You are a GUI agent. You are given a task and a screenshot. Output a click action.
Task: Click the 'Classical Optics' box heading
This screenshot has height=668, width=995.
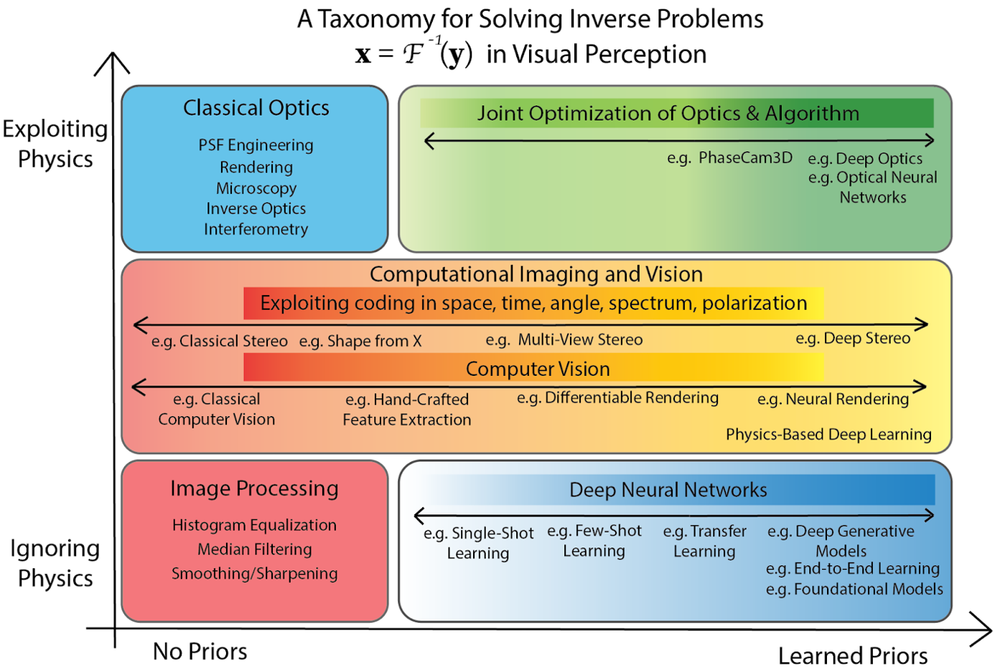[256, 108]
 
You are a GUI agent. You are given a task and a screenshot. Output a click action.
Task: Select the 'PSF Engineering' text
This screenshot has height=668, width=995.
[256, 146]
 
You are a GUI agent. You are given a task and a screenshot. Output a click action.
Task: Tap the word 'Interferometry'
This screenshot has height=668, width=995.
[256, 230]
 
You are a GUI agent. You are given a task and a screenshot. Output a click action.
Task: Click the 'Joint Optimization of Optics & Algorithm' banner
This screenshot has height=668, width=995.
[668, 113]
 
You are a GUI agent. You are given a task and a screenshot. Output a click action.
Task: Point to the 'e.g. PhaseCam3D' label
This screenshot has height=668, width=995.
[729, 158]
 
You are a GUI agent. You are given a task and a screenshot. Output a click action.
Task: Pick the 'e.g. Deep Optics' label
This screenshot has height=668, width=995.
[865, 159]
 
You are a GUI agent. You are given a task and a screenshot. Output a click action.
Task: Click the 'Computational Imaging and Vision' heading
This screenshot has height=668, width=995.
[536, 274]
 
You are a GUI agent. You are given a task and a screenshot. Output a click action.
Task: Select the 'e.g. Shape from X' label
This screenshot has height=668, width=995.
[360, 342]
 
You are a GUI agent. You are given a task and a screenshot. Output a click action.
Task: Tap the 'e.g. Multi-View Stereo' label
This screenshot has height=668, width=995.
[564, 340]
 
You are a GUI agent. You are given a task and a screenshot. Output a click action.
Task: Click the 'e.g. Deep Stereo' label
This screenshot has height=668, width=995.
[853, 339]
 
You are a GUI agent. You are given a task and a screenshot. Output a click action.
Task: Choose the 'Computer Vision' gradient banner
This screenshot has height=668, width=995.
[538, 369]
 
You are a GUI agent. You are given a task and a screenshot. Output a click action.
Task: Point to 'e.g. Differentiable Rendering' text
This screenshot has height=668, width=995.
[617, 398]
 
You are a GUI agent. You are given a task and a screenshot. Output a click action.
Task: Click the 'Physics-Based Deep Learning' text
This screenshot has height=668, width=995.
[828, 435]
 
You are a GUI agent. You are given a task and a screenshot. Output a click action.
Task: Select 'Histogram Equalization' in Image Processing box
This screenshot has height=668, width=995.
[254, 525]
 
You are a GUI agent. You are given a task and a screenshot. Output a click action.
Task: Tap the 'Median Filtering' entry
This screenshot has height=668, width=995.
[254, 550]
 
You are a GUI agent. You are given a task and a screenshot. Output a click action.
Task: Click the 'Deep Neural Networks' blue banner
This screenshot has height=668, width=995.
[668, 490]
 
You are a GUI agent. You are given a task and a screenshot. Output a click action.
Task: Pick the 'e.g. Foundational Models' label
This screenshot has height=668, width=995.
[854, 589]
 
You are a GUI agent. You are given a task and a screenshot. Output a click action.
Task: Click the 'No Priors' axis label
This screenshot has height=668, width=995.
[200, 651]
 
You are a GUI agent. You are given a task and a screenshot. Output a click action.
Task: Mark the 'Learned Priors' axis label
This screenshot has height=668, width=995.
[853, 656]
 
